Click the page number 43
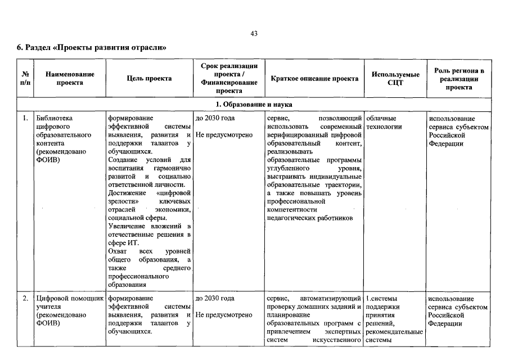coord(254,34)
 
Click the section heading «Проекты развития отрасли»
coord(91,47)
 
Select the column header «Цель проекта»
coord(150,79)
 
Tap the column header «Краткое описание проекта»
coord(314,79)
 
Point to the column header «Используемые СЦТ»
coord(396,79)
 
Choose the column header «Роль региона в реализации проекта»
coord(459,79)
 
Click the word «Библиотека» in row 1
coord(55,119)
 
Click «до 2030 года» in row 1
coord(215,119)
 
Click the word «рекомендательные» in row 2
coord(394,331)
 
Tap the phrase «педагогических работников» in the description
coord(310,218)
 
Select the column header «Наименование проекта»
coord(70,79)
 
